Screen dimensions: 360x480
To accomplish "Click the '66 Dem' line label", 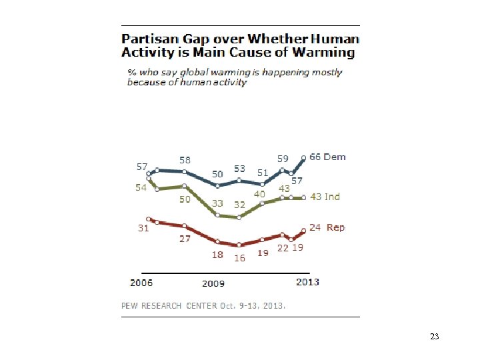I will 327,157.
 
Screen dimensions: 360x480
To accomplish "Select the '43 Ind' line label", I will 325,197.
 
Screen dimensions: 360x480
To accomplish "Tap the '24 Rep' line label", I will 327,228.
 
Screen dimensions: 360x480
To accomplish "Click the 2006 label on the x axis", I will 141,283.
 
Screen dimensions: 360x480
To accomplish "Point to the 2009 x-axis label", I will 213,284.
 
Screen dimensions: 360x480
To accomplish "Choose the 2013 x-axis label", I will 308,282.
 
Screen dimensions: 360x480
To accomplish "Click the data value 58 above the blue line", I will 185,160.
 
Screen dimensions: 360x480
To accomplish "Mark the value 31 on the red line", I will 143,229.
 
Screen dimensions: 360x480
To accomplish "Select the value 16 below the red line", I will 239,258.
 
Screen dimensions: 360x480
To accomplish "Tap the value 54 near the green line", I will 141,188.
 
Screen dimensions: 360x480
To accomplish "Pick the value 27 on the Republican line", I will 185,239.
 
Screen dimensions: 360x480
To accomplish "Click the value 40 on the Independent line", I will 259,194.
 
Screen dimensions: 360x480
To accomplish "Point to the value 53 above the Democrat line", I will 239,169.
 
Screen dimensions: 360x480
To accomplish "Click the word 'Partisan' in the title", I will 151,39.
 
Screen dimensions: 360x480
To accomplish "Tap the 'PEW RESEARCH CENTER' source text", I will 169,305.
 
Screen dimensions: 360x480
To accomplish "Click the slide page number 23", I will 435,337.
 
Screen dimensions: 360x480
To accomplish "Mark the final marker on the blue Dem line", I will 304,158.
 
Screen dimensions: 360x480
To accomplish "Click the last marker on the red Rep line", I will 304,231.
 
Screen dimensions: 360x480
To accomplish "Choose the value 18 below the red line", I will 218,255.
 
